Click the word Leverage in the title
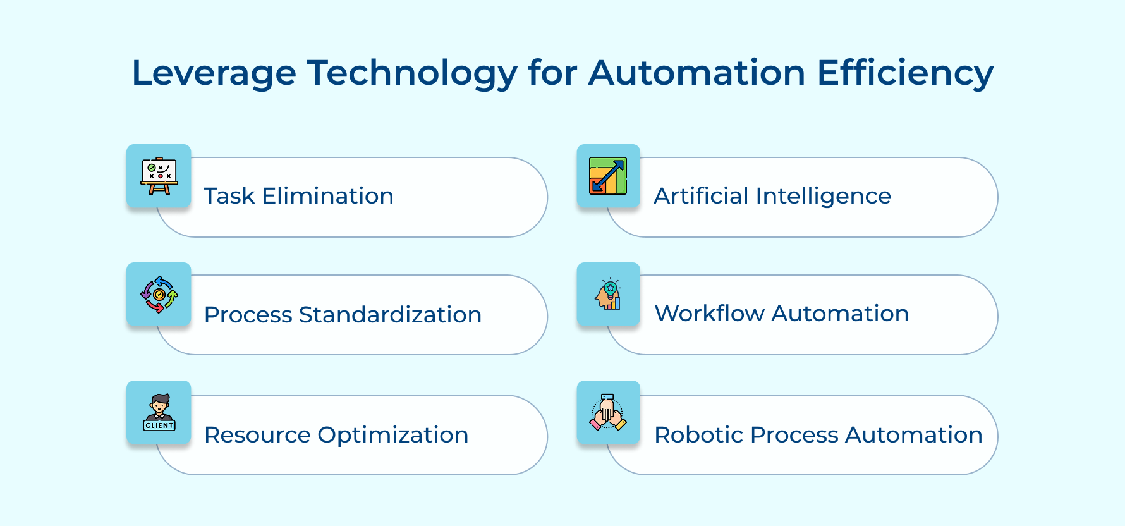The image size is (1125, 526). click(214, 73)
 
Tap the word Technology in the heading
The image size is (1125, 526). click(412, 73)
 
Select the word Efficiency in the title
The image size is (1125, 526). click(905, 73)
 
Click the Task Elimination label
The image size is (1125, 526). click(298, 196)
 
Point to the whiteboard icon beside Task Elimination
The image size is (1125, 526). click(159, 176)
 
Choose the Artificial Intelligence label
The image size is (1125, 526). click(772, 196)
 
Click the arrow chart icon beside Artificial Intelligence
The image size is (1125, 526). click(608, 176)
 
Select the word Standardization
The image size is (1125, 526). click(390, 315)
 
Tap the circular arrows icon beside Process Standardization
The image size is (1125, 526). click(159, 295)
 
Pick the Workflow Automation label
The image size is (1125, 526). click(782, 314)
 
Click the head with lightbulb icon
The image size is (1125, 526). click(608, 295)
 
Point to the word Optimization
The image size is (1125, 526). click(392, 436)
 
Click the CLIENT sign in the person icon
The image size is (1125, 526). click(159, 425)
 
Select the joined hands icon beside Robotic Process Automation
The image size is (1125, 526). click(608, 413)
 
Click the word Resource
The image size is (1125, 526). click(257, 435)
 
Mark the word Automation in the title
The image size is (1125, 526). click(696, 73)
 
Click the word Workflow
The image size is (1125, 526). click(709, 314)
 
